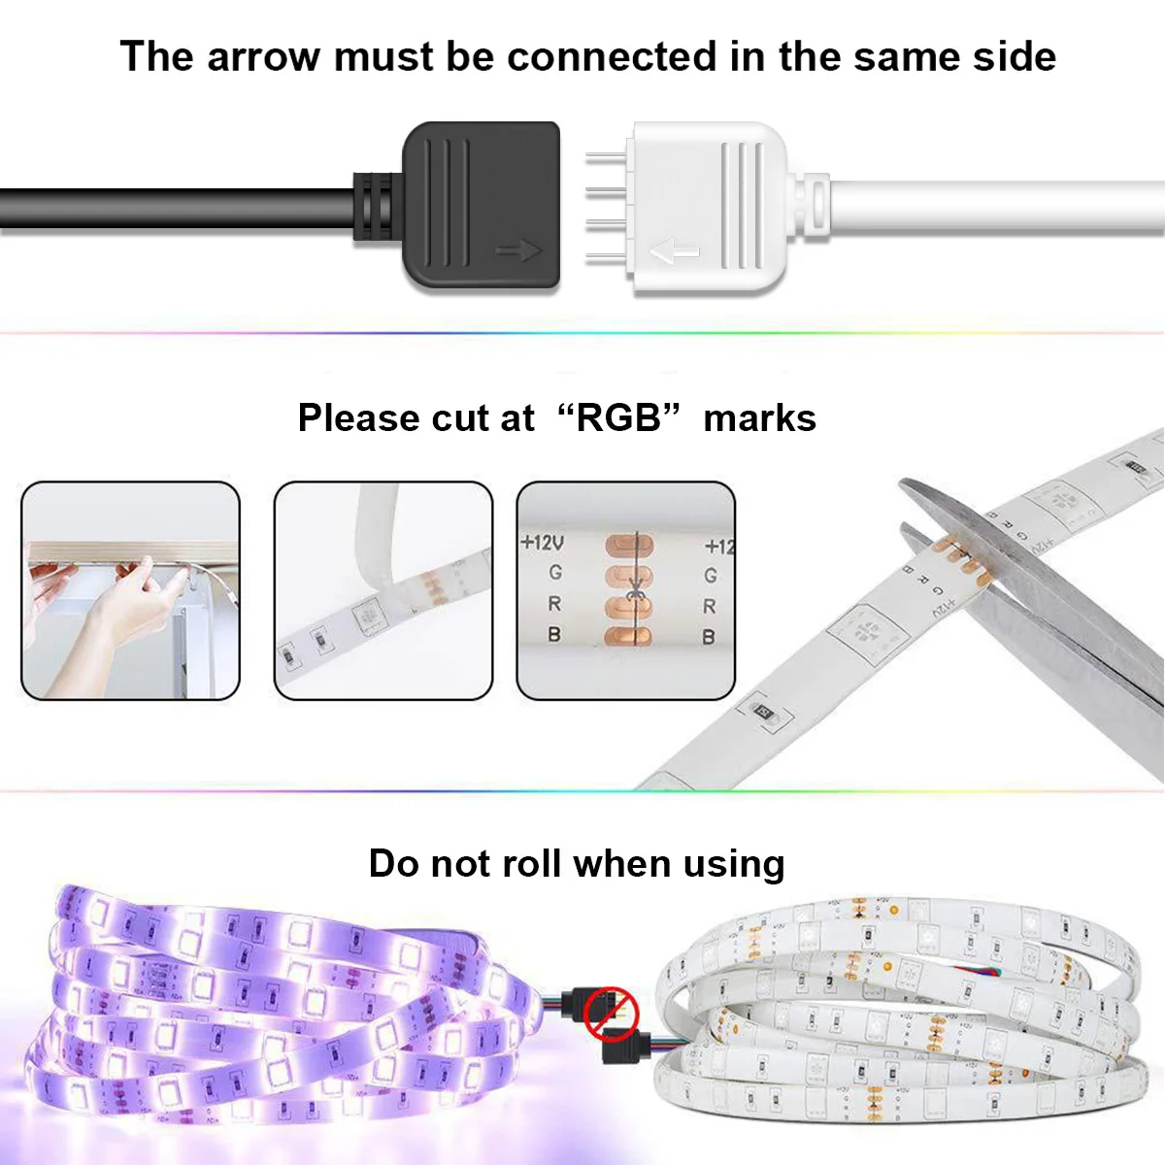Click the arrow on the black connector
(x=517, y=251)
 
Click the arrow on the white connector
(x=674, y=253)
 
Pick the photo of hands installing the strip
(x=130, y=590)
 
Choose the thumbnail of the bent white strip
(x=383, y=590)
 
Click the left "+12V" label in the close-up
(x=542, y=542)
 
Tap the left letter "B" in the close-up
(x=554, y=635)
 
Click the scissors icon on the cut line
(x=635, y=589)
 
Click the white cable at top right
(x=1000, y=206)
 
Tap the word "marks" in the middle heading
(x=759, y=418)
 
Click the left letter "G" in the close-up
(x=555, y=573)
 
